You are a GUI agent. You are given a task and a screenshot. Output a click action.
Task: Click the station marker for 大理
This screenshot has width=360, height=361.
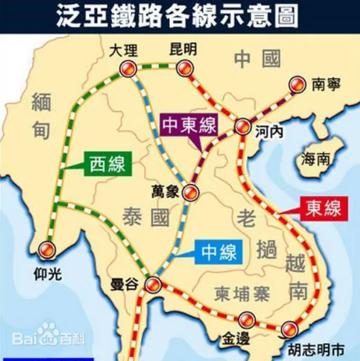(128, 68)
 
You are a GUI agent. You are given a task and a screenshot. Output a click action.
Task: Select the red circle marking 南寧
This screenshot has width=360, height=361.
(299, 85)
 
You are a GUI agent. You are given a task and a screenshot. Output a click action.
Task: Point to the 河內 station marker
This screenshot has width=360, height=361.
(242, 127)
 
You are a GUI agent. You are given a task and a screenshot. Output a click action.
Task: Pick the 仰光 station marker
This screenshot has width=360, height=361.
(46, 250)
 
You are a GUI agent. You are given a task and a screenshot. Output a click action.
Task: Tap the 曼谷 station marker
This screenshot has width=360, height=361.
(153, 285)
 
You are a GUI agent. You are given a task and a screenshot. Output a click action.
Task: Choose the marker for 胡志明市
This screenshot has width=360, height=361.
(289, 329)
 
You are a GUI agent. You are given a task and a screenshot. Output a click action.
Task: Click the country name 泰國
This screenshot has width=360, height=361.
(146, 218)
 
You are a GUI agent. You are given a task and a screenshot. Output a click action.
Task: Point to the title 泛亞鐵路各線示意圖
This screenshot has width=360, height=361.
(180, 16)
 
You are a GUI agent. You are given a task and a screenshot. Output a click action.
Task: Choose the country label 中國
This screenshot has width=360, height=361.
(257, 59)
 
